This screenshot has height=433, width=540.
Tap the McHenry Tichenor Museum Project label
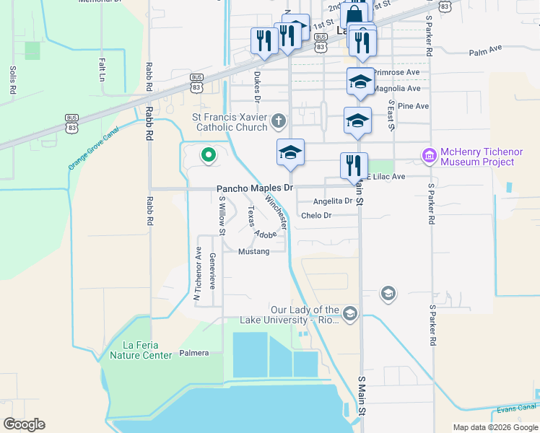(x=477, y=157)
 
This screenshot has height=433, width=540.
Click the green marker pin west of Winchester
(x=209, y=154)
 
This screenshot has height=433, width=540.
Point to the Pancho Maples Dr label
(x=255, y=188)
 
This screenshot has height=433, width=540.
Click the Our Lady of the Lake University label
(x=304, y=315)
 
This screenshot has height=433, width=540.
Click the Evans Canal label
(x=515, y=410)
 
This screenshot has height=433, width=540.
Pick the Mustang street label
(x=253, y=251)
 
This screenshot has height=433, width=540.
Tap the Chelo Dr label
(x=316, y=215)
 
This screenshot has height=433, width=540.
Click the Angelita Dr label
(x=333, y=201)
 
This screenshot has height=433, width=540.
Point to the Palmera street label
(x=193, y=353)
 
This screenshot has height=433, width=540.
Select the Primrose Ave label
(x=396, y=73)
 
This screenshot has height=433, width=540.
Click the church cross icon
(x=280, y=122)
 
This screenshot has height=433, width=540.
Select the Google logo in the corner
(x=25, y=424)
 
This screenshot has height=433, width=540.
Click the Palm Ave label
(x=484, y=51)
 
